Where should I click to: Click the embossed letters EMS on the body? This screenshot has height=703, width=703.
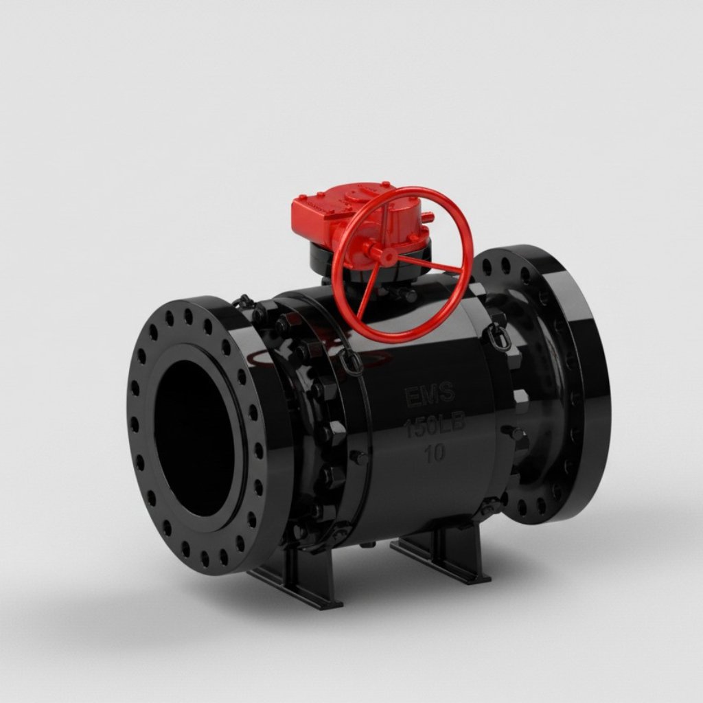[x=430, y=395]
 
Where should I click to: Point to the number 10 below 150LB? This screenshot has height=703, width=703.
[x=434, y=453]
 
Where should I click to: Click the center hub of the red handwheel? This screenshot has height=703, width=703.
[x=386, y=256]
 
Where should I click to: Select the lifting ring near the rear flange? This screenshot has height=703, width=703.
[x=500, y=338]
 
